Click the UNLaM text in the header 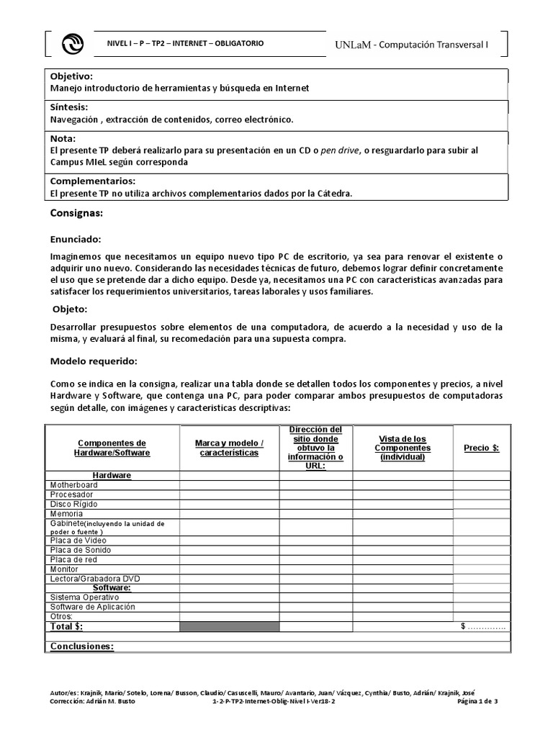click(354, 45)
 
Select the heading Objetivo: click(72, 76)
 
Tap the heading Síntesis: click(69, 107)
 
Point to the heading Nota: click(63, 138)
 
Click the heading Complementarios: click(92, 181)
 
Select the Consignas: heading click(76, 214)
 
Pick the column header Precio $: click(481, 447)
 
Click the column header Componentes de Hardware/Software click(112, 448)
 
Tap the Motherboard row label click(74, 485)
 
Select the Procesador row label click(71, 495)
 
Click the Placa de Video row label click(78, 540)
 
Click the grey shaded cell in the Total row click(230, 627)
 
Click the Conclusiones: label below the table click(81, 646)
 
